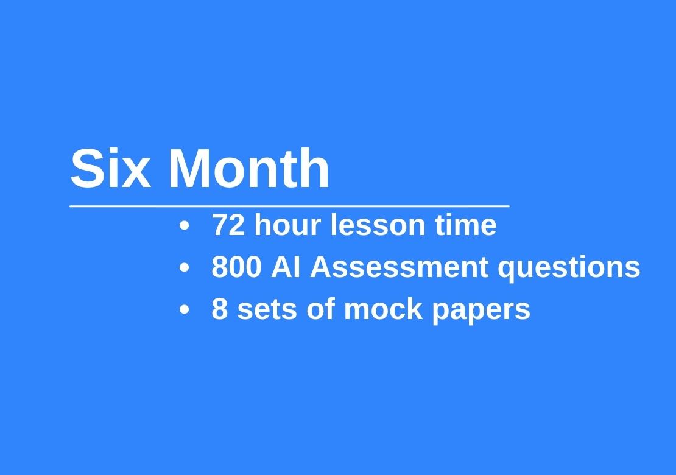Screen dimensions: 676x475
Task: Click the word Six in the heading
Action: point(111,168)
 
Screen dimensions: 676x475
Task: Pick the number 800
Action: point(236,267)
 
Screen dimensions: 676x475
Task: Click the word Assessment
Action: point(399,267)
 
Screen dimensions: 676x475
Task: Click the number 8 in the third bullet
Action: point(219,309)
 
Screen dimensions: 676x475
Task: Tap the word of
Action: point(321,309)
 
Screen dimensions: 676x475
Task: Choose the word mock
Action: point(383,309)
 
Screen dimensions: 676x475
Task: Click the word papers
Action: point(481,311)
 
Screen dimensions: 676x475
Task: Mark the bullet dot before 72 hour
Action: point(184,226)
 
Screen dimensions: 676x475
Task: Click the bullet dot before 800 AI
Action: point(184,268)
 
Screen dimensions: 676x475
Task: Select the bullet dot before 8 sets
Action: point(184,309)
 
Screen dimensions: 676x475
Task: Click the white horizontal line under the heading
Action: point(290,206)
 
